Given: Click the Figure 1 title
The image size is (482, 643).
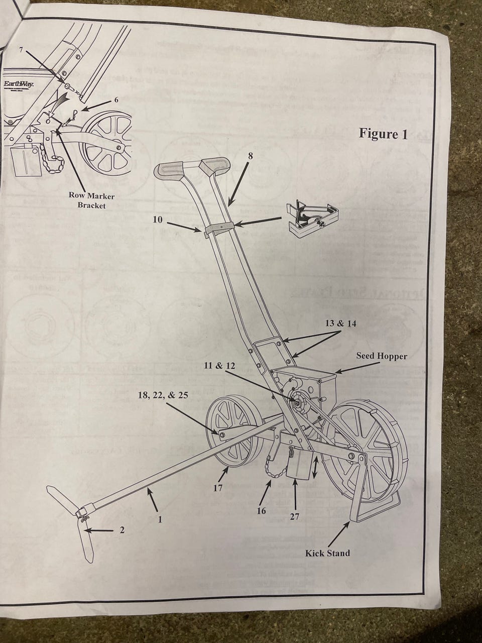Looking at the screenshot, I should [383, 134].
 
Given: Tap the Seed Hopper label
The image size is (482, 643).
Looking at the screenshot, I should [382, 356].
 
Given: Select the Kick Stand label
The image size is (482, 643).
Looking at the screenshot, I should [327, 553].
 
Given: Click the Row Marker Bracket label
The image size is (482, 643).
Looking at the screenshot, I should [91, 200].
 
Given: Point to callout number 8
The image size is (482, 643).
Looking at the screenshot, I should [251, 156].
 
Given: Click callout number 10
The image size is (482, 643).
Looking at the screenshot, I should [158, 220].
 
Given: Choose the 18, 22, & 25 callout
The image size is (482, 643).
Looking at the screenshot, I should [163, 395].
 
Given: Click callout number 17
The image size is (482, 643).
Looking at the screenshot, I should [217, 487].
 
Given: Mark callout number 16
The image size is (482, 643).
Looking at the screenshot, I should [261, 511].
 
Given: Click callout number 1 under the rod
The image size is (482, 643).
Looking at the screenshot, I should [160, 520].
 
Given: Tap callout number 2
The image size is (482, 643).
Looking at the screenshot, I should [122, 529].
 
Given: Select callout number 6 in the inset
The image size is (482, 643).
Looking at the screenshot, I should [116, 99].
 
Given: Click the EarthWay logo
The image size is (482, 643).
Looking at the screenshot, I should [19, 84].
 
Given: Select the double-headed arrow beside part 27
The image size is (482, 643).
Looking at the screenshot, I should [315, 467].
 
